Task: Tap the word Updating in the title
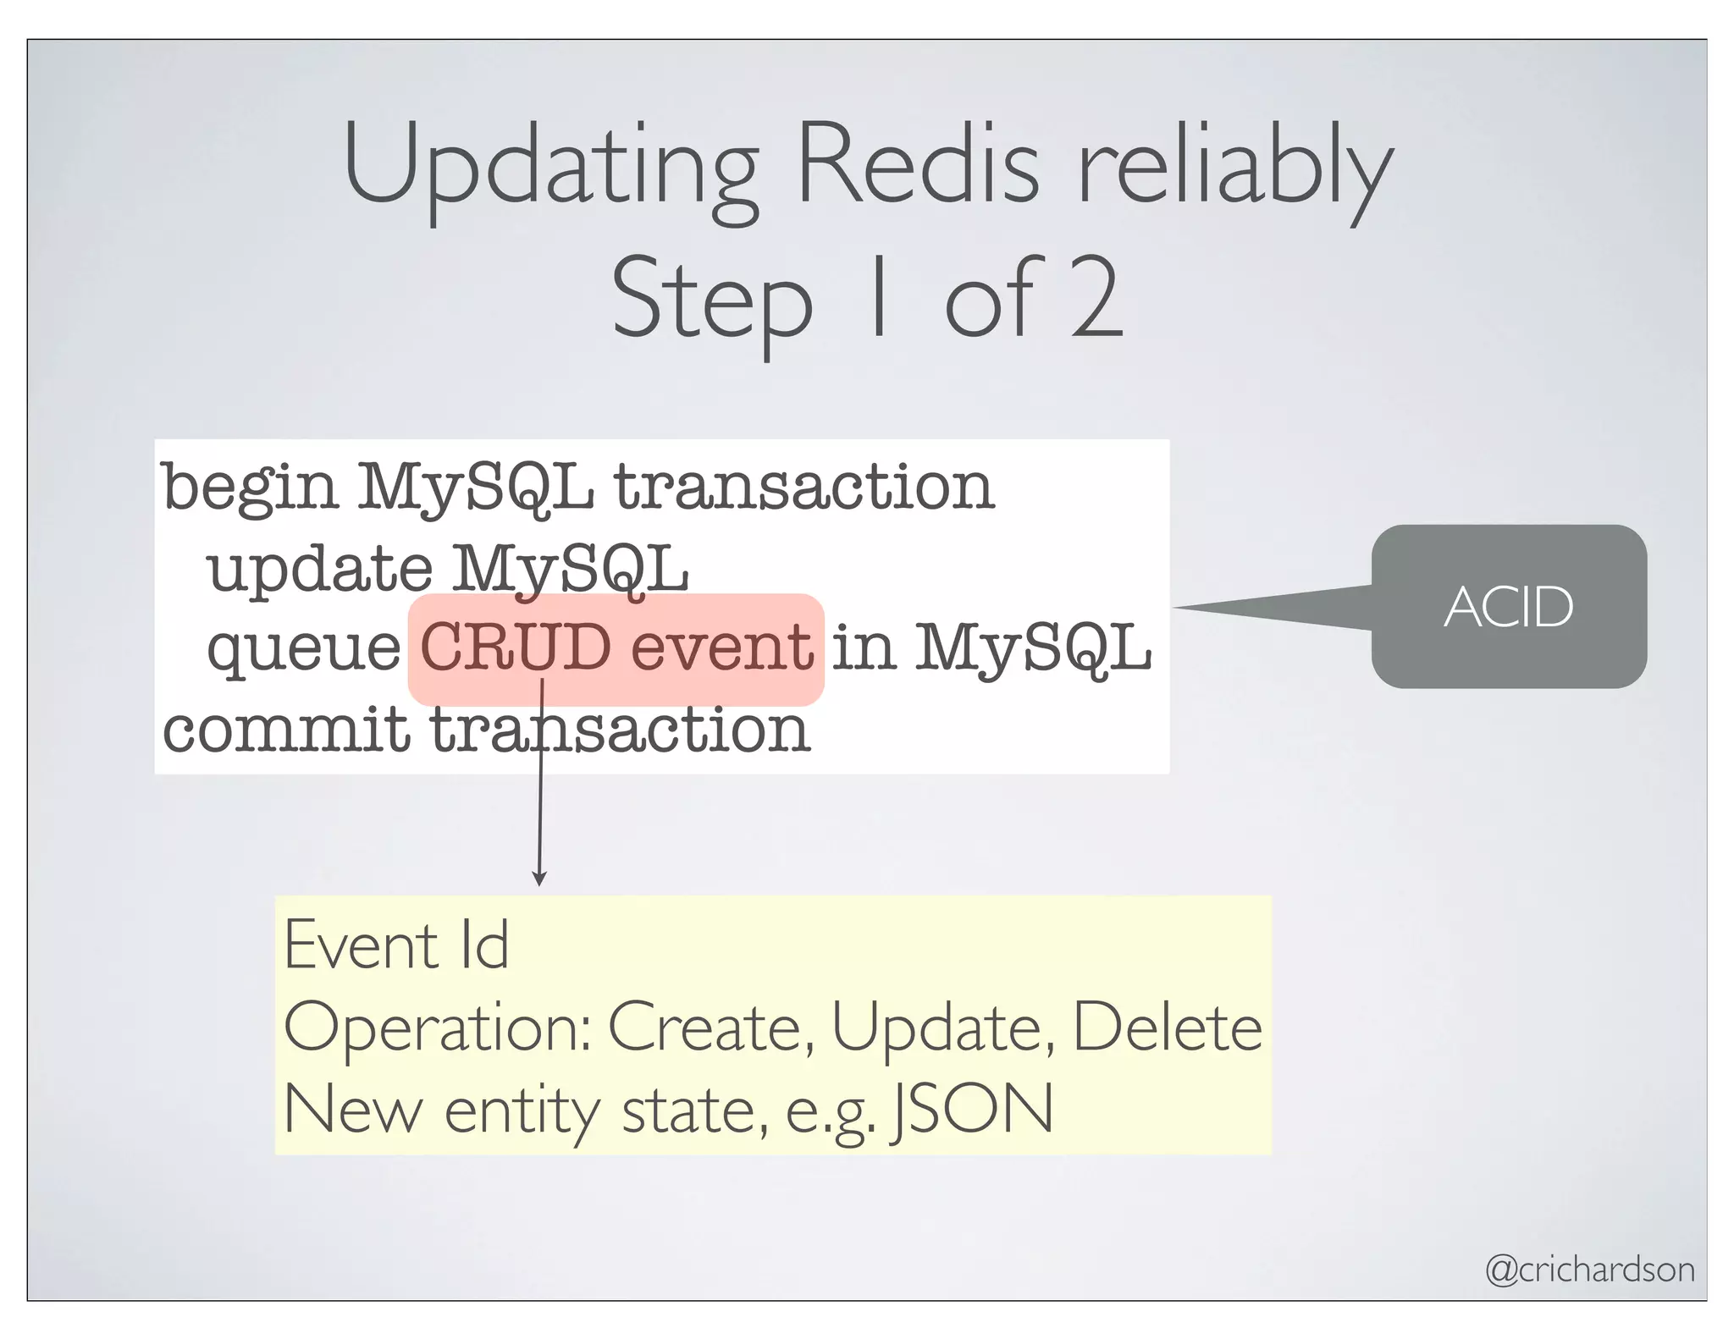click(549, 169)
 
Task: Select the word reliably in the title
click(1234, 169)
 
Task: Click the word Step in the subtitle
click(711, 301)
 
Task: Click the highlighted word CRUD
click(516, 647)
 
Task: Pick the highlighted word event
click(722, 647)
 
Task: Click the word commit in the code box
click(285, 729)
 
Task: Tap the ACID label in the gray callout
click(1508, 607)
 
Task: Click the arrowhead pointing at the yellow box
click(539, 879)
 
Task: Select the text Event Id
click(396, 945)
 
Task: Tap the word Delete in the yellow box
click(1168, 1027)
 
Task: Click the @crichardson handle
click(1589, 1269)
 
